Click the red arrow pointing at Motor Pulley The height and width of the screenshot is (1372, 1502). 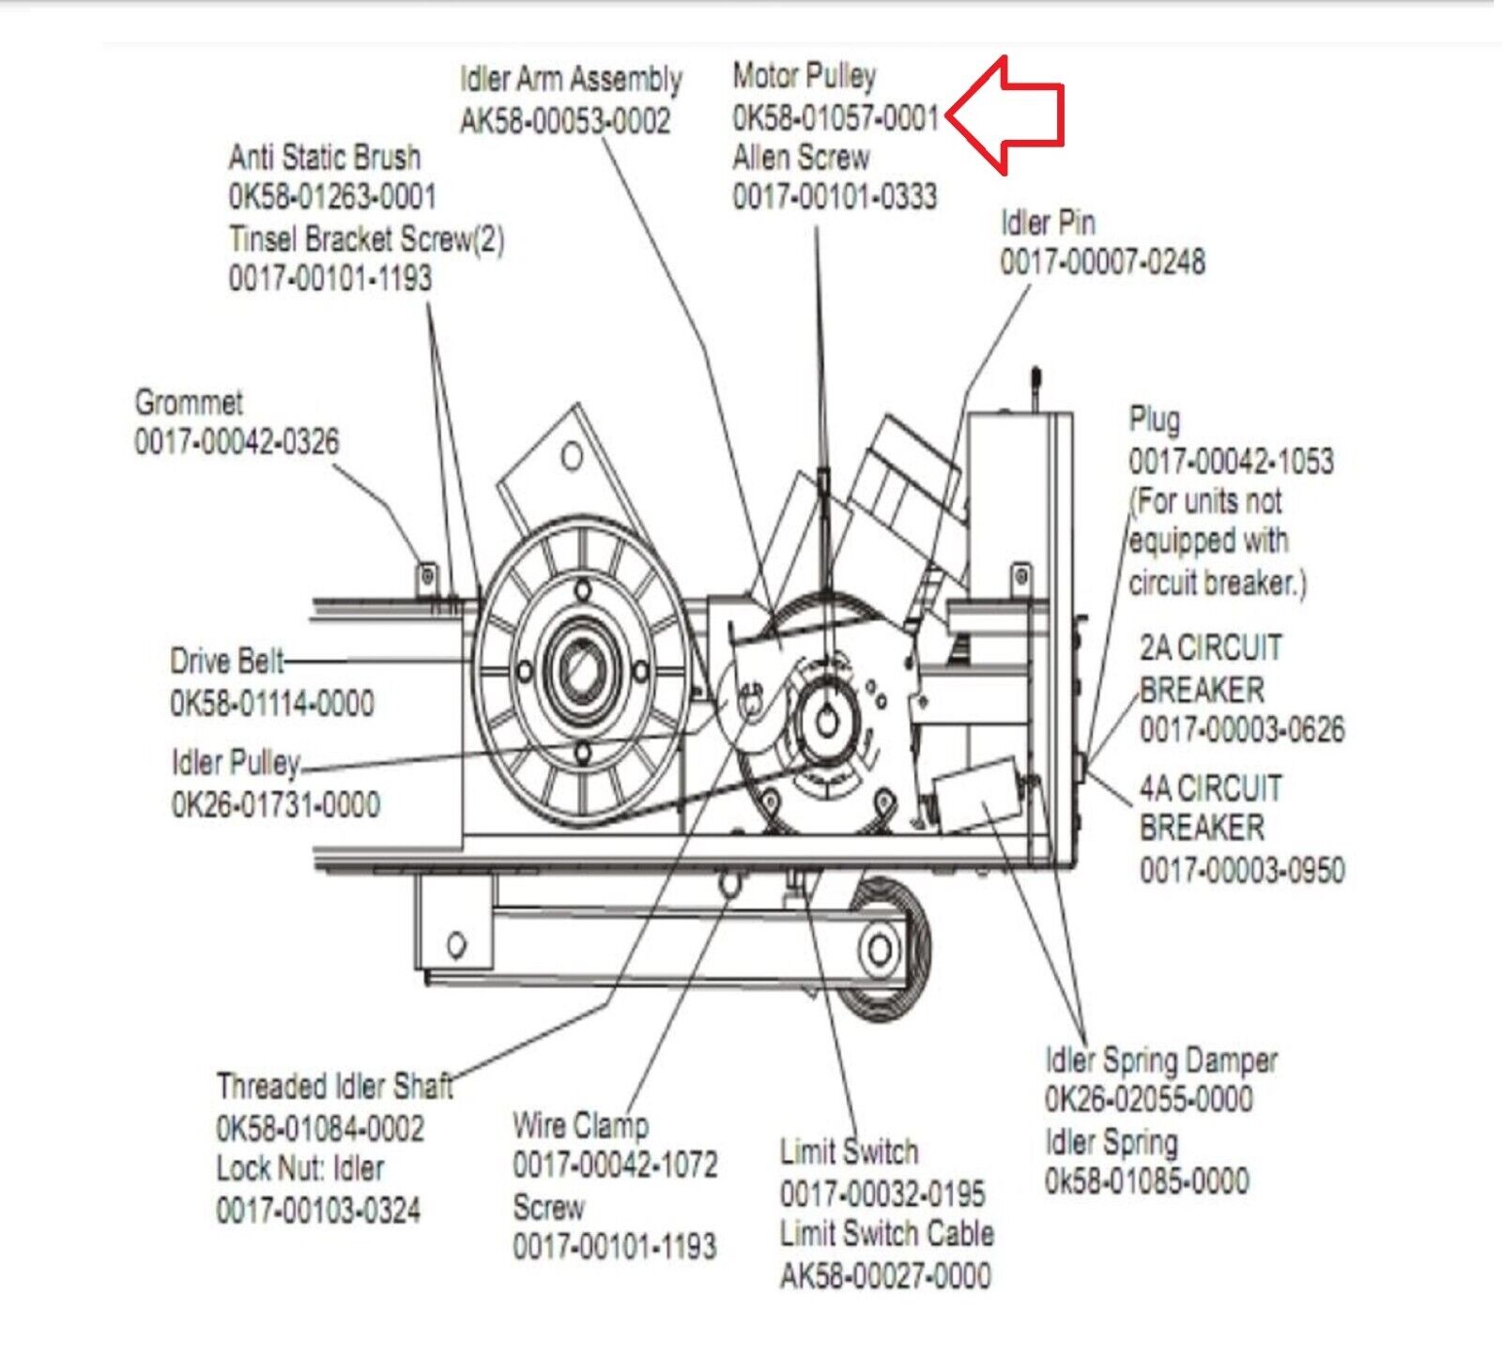pyautogui.click(x=1009, y=115)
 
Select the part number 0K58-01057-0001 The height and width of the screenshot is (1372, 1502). pyautogui.click(x=835, y=117)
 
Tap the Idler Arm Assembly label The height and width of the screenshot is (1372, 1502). pyautogui.click(x=571, y=79)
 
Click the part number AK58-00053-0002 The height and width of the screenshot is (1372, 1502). pyautogui.click(x=565, y=121)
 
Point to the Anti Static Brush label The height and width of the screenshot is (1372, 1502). pyautogui.click(x=325, y=157)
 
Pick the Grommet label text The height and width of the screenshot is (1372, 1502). pyautogui.click(x=189, y=403)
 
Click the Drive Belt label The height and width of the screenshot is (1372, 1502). pyautogui.click(x=227, y=662)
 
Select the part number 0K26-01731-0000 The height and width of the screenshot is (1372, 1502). pyautogui.click(x=276, y=804)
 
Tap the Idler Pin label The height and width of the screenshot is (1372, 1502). pyautogui.click(x=1048, y=222)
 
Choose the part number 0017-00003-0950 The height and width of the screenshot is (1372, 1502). pyautogui.click(x=1242, y=870)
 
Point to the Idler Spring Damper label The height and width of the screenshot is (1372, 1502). pyautogui.click(x=1161, y=1060)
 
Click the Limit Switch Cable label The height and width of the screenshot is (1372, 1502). pyautogui.click(x=886, y=1233)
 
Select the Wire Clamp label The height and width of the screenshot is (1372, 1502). pyautogui.click(x=580, y=1124)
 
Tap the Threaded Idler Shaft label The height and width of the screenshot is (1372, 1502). pyautogui.click(x=334, y=1087)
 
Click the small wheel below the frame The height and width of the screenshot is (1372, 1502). pyautogui.click(x=881, y=950)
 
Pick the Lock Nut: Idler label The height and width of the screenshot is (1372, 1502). pyautogui.click(x=300, y=1168)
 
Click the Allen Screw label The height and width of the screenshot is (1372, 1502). pyautogui.click(x=801, y=157)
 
